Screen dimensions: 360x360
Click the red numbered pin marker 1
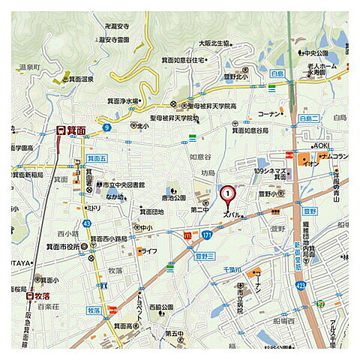227,194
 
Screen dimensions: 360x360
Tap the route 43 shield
87,223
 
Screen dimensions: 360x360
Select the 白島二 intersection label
309,119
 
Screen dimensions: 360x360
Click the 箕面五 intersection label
97,159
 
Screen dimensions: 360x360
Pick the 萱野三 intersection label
205,256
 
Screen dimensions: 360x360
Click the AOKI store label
320,145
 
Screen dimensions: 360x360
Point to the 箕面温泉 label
78,78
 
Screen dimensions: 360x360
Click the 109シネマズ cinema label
271,172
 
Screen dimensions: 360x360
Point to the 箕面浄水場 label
121,100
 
